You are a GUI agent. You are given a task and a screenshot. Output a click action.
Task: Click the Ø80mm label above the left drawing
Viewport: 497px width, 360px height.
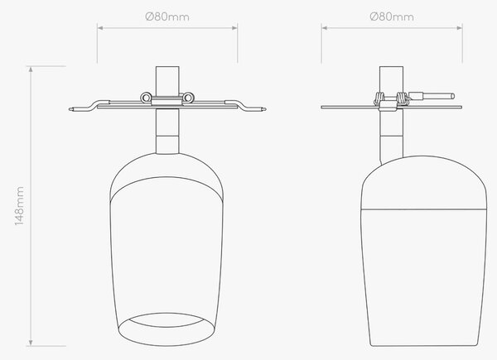[167, 17]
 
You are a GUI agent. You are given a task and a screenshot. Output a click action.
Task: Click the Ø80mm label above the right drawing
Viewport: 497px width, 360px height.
[392, 17]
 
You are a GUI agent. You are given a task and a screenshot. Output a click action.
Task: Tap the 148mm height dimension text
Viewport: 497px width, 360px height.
[19, 206]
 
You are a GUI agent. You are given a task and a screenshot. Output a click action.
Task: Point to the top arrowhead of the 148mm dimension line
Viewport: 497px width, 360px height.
[31, 70]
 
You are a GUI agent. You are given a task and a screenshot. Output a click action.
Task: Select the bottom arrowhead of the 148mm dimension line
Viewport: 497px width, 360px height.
[31, 343]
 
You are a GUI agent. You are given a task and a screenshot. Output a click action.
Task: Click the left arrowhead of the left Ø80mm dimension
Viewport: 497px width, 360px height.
[100, 28]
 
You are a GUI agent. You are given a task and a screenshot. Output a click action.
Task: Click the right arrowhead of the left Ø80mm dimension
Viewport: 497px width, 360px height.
[234, 28]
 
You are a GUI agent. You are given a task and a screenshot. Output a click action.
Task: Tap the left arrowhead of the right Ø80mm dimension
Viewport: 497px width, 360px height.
[325, 28]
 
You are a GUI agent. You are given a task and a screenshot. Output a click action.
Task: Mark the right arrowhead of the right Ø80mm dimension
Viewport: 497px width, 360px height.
[459, 28]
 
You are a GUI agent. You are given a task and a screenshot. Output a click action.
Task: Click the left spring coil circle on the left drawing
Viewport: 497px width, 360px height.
[146, 98]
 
